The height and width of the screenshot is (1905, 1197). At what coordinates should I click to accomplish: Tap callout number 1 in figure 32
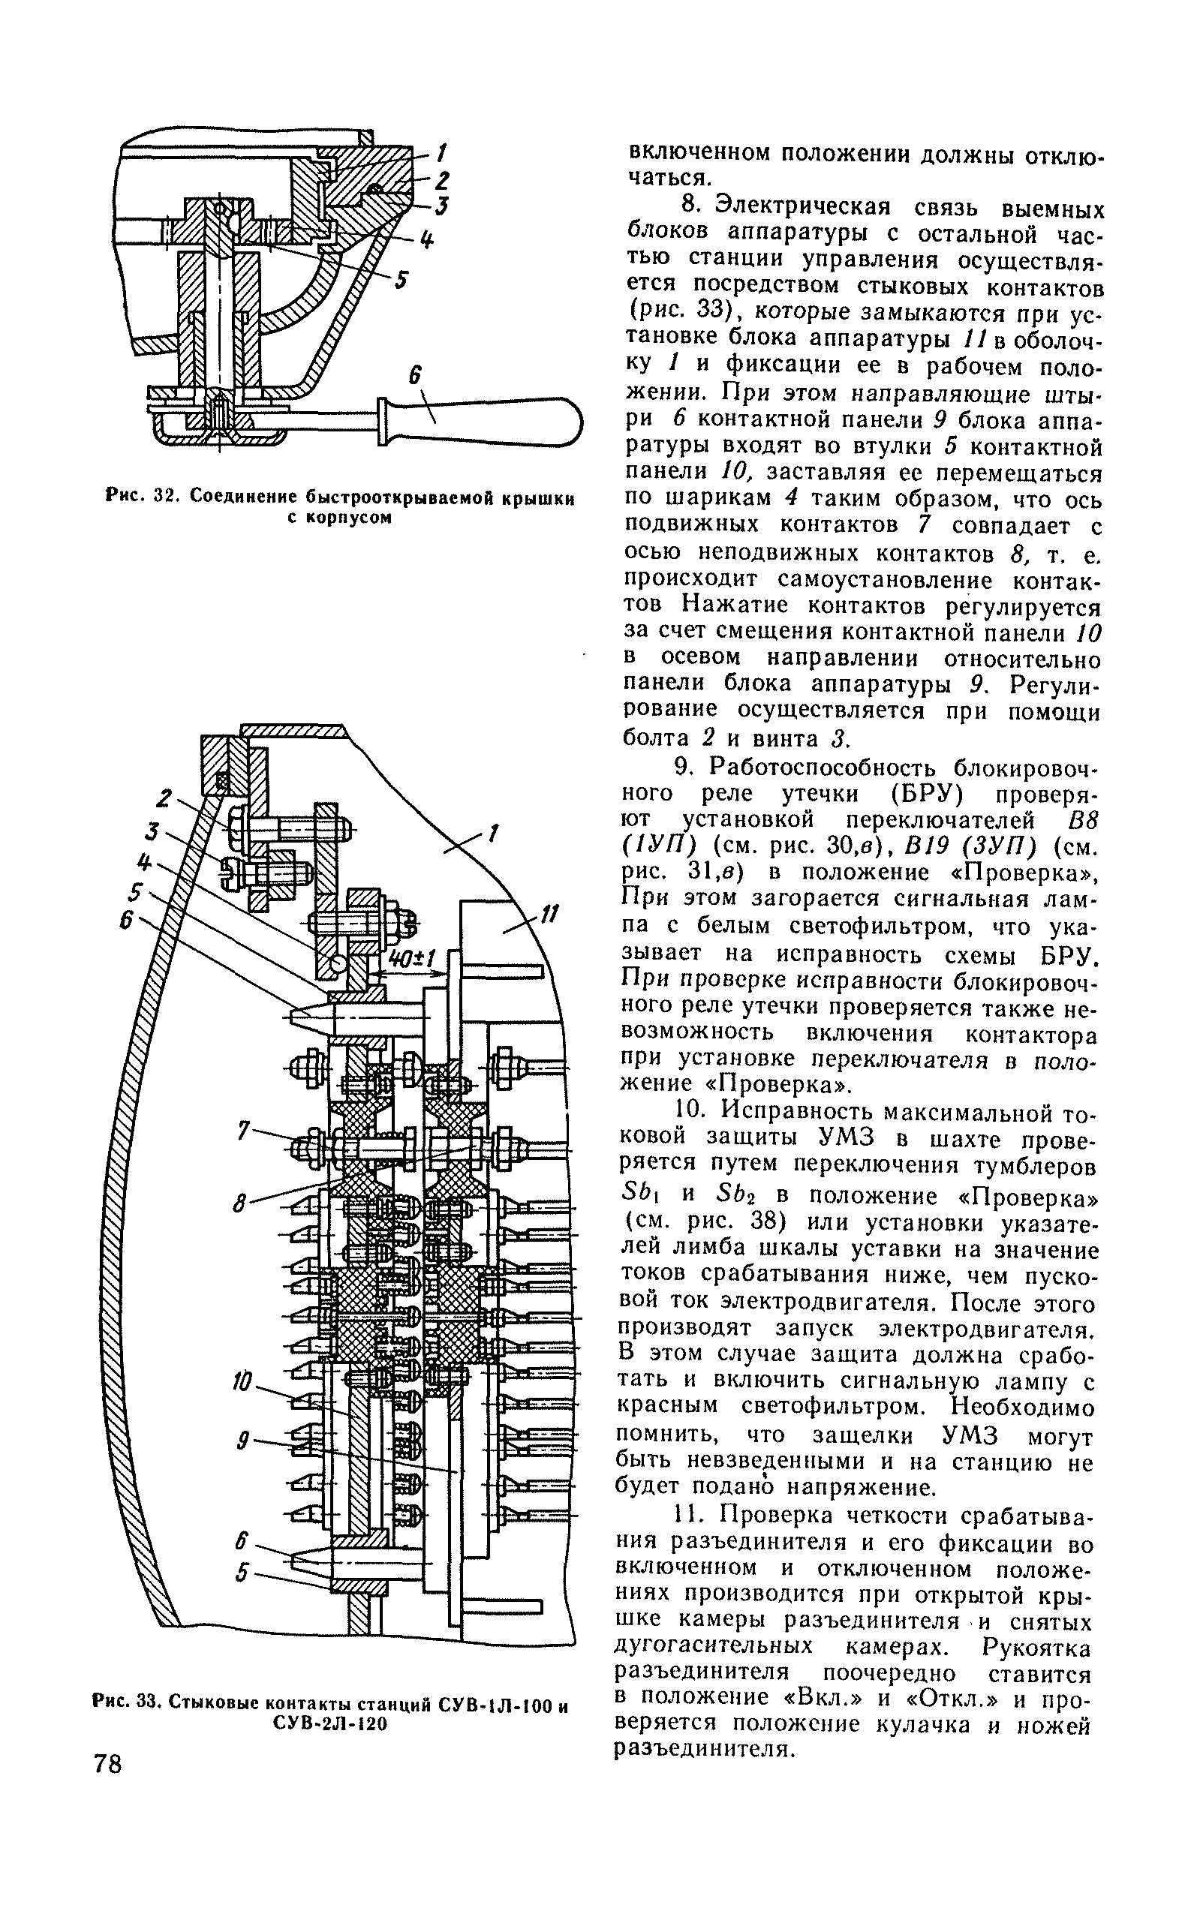(441, 151)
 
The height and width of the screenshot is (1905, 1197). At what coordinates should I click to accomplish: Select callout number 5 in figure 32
(401, 279)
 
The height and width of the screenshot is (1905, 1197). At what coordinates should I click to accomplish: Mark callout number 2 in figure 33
(164, 798)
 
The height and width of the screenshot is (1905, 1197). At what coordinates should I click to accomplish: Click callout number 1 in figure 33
(493, 833)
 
